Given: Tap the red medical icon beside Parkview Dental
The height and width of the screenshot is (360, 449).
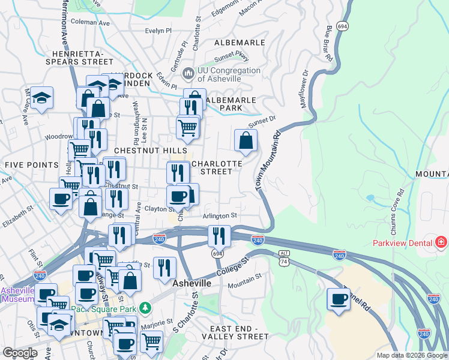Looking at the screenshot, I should coord(442,242).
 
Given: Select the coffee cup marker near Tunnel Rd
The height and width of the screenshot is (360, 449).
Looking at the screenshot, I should coord(339,298).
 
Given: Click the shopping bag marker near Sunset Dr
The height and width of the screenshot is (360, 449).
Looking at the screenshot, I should coord(246,141).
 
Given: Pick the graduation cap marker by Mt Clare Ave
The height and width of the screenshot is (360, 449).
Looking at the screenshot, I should coord(42,98).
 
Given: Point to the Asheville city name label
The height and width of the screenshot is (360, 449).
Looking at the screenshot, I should coord(192,283).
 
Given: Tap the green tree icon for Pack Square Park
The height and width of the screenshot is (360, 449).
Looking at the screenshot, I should coord(145,308).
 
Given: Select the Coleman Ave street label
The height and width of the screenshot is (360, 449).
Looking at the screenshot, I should coord(91,23).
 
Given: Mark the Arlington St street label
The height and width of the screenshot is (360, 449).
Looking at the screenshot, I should coord(220,215).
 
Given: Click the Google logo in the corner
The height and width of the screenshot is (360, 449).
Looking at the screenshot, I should coord(20,353).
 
